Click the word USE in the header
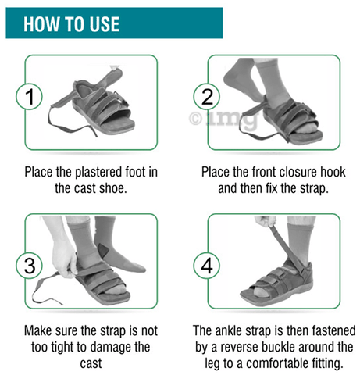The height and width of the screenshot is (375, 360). click(105, 24)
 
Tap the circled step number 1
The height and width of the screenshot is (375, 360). click(30, 96)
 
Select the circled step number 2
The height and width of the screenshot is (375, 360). click(207, 97)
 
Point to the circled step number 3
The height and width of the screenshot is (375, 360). click(30, 266)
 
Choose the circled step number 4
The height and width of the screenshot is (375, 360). click(207, 266)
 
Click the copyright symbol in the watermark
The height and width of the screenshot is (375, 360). click(195, 119)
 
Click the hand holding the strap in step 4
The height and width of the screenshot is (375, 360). click(266, 222)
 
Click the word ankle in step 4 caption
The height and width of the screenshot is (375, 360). click(228, 330)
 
